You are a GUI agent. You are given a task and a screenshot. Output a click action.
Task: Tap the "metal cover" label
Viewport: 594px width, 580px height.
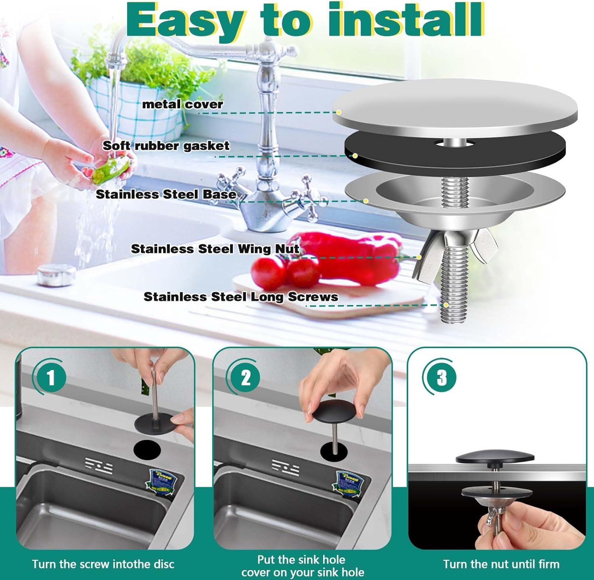tap(183, 104)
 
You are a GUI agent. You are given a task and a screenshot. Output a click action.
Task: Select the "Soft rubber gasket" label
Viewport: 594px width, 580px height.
tap(166, 146)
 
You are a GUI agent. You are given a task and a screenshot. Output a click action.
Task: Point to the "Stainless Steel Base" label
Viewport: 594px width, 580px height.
tap(166, 194)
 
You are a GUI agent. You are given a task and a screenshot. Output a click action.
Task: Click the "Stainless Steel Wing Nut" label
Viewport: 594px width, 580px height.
tap(215, 249)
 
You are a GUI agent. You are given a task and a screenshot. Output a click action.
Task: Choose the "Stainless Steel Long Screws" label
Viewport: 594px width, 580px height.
tap(241, 297)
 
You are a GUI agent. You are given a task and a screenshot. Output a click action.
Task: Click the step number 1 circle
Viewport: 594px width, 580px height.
tap(51, 378)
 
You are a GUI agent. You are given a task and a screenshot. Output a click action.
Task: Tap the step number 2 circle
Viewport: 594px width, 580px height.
tap(246, 378)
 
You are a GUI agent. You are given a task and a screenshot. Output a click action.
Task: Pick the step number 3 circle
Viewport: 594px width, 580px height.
tap(442, 378)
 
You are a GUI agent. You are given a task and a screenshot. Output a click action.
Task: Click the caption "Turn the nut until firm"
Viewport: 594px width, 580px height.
tap(501, 564)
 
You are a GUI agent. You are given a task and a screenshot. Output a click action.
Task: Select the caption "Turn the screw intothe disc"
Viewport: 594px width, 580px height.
tap(103, 564)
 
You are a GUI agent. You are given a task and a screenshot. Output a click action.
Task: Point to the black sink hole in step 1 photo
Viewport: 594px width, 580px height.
tap(147, 449)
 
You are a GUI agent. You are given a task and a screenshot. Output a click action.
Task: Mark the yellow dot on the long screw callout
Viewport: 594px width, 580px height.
tap(446, 305)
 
